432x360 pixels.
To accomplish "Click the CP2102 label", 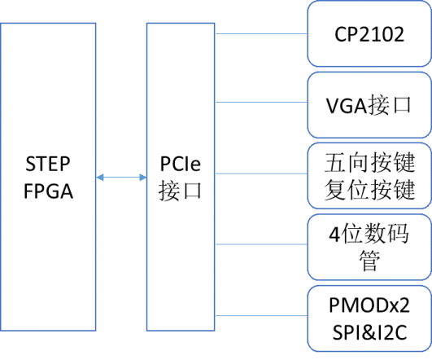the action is coord(369,34).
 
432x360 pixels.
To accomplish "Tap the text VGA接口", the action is coord(369,105).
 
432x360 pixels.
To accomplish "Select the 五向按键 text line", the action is coord(369,162).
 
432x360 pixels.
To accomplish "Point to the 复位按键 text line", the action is coord(369,189).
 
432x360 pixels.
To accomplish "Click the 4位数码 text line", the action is coord(369,234).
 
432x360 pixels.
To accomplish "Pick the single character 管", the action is coord(369,260).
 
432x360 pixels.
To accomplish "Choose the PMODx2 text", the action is coord(369,305).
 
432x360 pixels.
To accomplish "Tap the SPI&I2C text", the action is coord(369,332).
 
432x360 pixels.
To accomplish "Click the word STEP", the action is coord(48,164).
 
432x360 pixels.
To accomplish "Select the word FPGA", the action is coord(49,191).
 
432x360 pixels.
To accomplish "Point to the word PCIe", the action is coord(180,164).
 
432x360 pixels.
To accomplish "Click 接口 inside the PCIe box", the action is coord(180,191).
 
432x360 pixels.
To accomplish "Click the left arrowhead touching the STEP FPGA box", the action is coord(100,178).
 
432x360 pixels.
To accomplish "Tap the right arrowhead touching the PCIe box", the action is coord(142,178).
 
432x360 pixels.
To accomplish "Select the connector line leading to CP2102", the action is coord(261,34).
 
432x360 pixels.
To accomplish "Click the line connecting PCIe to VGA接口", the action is coord(261,103).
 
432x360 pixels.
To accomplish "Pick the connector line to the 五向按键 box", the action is coord(261,173).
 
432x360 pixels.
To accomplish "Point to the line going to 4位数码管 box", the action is coord(261,244).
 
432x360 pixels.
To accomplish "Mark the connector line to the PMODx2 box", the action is coord(261,315).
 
